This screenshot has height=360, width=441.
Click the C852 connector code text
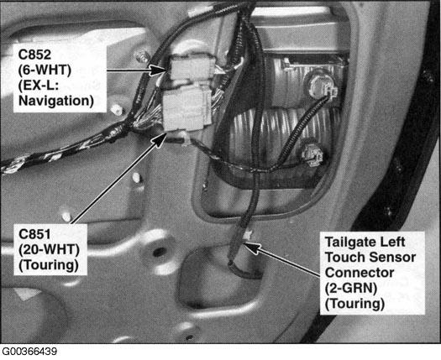point(34,55)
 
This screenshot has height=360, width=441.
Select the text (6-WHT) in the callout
point(45,70)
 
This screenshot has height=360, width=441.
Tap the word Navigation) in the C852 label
point(56,101)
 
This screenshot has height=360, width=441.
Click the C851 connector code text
point(34,234)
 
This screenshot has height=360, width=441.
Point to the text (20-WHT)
point(49,249)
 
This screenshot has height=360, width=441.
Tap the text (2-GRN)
point(351,288)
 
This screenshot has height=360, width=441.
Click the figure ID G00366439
point(29,352)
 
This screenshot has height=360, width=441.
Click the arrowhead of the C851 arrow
point(160,139)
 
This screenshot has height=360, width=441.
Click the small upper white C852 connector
point(190,68)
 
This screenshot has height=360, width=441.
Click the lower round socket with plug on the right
point(312,154)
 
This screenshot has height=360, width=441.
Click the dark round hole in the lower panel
point(160,252)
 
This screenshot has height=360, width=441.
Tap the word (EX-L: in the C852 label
point(39,85)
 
